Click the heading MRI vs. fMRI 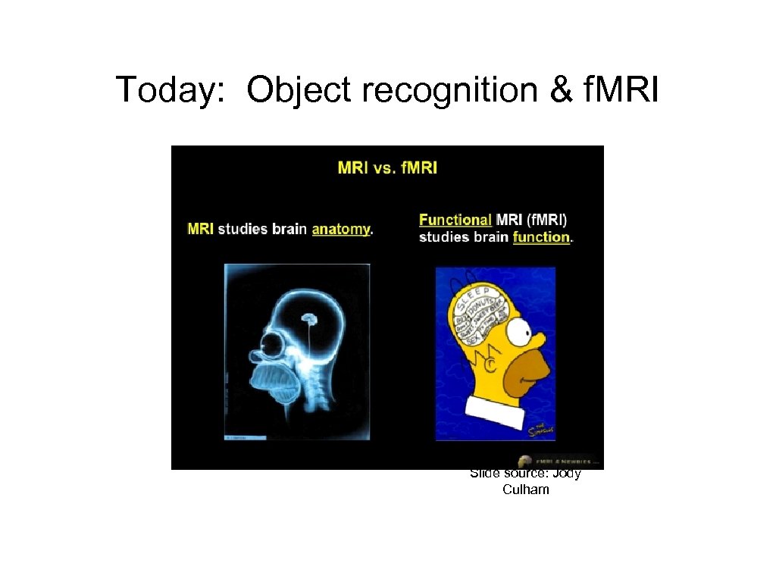pos(387,167)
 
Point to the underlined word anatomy pos(341,229)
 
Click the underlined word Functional pos(455,220)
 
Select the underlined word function pos(541,237)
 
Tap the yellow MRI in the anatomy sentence pos(200,229)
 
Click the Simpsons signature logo pos(539,429)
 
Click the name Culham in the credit pos(525,490)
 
